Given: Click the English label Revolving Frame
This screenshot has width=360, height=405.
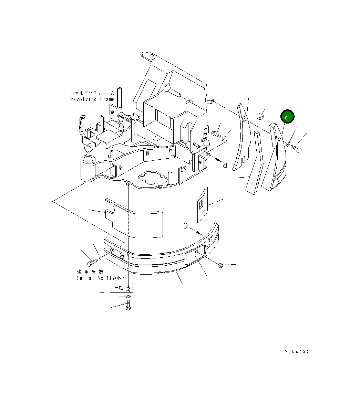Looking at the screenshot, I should pyautogui.click(x=92, y=99).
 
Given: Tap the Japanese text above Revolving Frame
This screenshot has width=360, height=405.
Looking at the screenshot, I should pyautogui.click(x=92, y=93).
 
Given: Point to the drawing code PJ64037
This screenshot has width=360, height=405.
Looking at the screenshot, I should pyautogui.click(x=297, y=352).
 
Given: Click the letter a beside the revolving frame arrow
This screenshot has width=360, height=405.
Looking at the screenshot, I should pyautogui.click(x=225, y=164).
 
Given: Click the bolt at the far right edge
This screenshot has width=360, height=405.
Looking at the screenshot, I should pyautogui.click(x=296, y=149).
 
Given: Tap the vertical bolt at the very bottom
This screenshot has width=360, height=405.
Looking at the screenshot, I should pyautogui.click(x=128, y=305).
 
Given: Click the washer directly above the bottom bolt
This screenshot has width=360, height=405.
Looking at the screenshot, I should pyautogui.click(x=128, y=296).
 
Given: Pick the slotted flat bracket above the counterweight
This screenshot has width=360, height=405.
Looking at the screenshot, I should pyautogui.click(x=202, y=205).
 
